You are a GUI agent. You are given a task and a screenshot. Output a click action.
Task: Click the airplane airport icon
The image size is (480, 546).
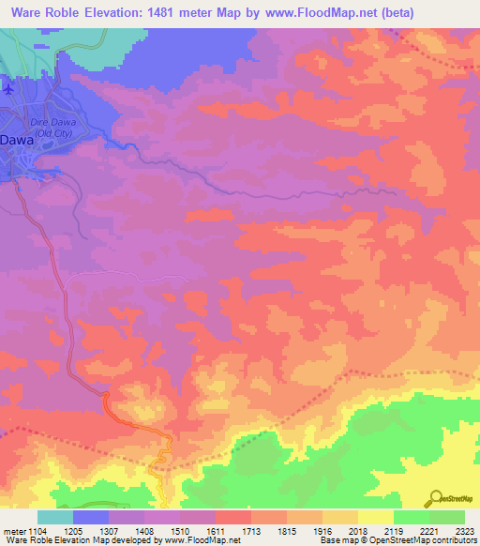click(8, 89)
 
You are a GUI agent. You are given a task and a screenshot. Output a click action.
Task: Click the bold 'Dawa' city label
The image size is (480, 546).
click(17, 141)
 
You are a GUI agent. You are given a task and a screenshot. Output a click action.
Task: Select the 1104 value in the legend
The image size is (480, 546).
click(37, 531)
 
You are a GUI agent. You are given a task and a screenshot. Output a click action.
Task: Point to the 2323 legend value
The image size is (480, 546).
click(463, 531)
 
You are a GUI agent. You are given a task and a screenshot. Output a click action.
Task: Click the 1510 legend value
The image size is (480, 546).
click(179, 531)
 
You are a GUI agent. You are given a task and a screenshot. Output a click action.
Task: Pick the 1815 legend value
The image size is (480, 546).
click(286, 531)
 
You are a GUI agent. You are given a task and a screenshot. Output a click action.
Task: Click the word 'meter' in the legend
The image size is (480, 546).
click(12, 531)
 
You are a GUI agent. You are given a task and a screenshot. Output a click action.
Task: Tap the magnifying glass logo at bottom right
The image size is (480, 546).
click(435, 497)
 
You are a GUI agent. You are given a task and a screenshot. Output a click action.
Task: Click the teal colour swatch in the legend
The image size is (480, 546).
click(54, 517)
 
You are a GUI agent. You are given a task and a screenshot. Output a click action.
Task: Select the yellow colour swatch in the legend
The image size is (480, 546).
click(375, 517)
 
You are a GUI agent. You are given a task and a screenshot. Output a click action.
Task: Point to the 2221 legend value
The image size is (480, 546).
click(428, 531)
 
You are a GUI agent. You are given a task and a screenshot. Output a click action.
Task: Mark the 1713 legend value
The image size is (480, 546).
click(250, 531)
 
